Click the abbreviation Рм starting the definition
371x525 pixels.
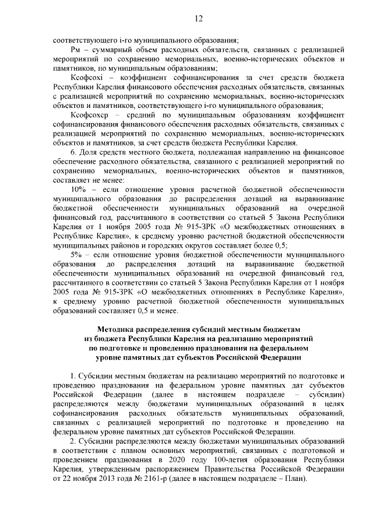click(75, 50)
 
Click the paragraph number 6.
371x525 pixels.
click(72, 153)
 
